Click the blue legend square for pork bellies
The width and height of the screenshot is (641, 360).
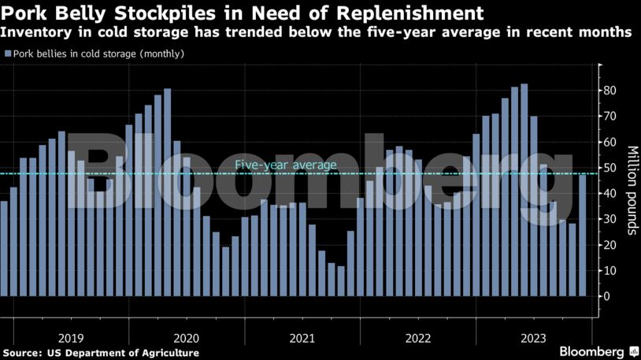[x=7, y=54]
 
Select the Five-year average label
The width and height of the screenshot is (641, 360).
[x=286, y=165]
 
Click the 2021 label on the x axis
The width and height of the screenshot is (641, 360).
[x=302, y=338]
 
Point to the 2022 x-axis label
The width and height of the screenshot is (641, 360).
[x=417, y=338]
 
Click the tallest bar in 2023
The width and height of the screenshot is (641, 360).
[x=524, y=189]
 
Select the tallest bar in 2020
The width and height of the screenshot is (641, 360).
[x=167, y=192]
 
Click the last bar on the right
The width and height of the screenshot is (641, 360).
[x=582, y=236]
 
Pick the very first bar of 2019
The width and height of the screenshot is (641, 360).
[x=4, y=248]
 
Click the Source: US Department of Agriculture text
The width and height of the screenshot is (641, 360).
[x=100, y=352]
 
